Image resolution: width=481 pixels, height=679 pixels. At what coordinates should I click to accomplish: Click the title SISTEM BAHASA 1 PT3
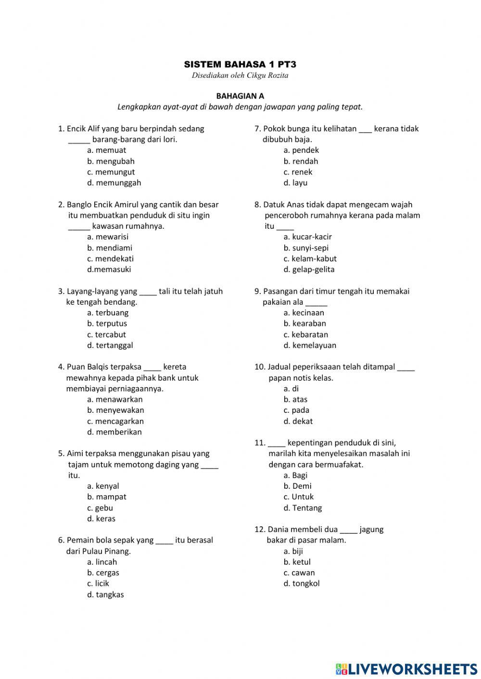[240, 64]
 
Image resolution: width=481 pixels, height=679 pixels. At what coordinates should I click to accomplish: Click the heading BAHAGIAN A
[240, 96]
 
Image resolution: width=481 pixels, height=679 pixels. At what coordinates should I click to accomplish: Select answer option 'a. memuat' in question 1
[107, 150]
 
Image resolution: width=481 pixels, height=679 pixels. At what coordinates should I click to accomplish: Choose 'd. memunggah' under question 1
[114, 183]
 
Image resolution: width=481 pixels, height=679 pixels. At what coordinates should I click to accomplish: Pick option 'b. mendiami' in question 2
[110, 248]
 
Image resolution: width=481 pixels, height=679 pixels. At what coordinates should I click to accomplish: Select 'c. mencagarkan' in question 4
[115, 421]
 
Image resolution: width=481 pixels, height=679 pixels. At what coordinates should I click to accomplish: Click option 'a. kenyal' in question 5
[103, 486]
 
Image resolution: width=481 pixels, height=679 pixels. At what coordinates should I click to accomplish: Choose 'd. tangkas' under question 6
[105, 595]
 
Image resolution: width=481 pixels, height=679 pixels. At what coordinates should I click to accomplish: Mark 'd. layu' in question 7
[295, 183]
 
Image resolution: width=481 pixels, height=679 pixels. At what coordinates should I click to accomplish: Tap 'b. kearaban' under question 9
[304, 324]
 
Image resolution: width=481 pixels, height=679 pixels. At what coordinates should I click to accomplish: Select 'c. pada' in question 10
[296, 410]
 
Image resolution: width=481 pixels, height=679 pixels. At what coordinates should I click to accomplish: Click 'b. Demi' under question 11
[297, 486]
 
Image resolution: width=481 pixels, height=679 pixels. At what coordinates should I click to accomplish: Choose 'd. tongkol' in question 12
[302, 584]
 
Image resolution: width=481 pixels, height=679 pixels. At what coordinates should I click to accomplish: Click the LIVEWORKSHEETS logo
[406, 669]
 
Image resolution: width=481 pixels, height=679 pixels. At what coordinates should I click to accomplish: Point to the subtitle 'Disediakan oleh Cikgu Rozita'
[240, 75]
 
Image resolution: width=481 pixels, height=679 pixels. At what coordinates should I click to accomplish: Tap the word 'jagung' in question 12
[371, 530]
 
